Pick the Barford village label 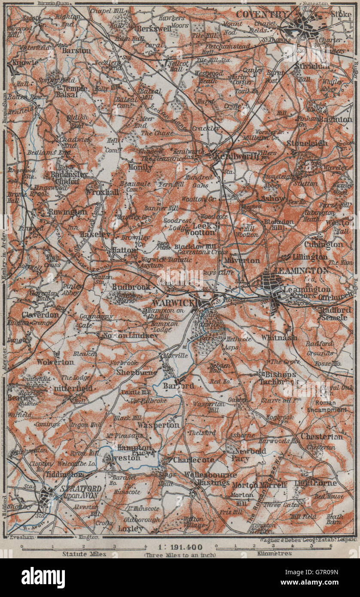(x=178, y=386)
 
